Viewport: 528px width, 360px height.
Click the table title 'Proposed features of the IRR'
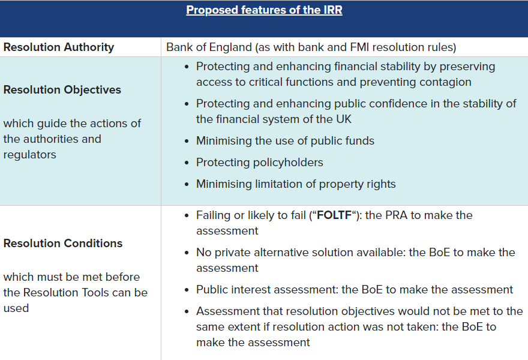pos(264,10)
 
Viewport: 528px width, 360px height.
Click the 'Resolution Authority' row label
pos(58,47)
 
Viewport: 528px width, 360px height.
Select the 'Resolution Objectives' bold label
pos(62,90)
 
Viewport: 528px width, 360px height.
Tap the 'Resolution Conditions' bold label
pos(63,244)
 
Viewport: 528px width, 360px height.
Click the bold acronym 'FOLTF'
pos(334,215)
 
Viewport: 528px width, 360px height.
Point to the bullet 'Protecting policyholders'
pos(259,163)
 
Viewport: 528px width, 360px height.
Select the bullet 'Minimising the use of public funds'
pos(285,141)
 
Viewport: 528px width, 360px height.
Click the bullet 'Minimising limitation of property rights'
pos(296,184)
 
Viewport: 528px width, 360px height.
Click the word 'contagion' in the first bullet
pos(445,82)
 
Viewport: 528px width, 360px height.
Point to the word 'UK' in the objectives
pos(343,119)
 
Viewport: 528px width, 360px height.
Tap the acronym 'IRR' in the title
pos(331,10)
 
